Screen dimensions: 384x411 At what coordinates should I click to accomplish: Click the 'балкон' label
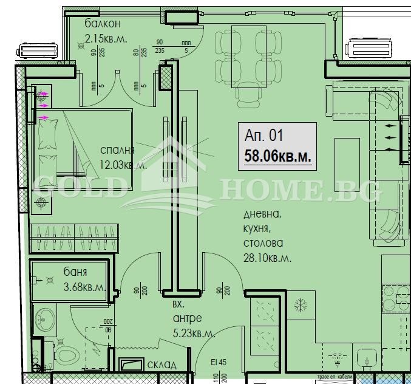click(x=103, y=24)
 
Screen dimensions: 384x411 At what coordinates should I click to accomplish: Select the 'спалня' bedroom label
click(x=118, y=150)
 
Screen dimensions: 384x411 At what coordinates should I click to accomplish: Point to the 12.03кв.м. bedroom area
click(x=123, y=164)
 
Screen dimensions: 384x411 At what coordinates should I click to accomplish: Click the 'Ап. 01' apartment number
click(x=264, y=136)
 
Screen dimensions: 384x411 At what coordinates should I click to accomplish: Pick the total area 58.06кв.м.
click(x=278, y=156)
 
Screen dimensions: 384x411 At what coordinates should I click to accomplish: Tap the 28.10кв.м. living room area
click(x=268, y=258)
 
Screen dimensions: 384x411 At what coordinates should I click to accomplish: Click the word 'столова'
click(x=263, y=243)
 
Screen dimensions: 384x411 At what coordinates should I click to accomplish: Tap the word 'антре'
click(x=187, y=318)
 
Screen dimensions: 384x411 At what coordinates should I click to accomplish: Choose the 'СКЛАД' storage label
click(x=162, y=365)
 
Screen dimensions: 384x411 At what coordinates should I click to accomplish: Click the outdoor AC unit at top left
click(x=40, y=50)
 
